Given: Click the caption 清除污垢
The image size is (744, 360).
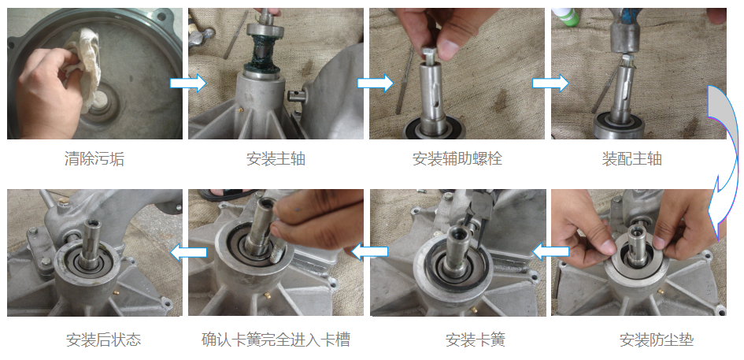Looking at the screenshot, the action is tap(94, 158).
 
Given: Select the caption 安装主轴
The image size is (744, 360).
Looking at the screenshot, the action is tap(276, 158).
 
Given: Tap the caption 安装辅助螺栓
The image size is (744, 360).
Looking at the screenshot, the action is tap(457, 158).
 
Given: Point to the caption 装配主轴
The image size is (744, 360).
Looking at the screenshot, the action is tap(631, 158).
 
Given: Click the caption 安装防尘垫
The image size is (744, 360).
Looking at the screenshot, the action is tap(657, 340).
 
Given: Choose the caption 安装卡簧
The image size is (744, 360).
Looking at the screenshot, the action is tap(475, 340).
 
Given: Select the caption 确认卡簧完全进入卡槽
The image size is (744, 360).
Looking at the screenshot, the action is tap(276, 340).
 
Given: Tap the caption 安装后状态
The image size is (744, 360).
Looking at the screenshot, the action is tap(103, 340).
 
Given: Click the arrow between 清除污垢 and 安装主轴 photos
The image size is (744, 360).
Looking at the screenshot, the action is tap(188, 84).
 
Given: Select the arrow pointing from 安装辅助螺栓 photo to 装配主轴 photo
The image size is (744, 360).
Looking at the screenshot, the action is tap(550, 84).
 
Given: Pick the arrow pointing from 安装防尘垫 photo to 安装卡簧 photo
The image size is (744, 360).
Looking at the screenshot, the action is tap(551, 252).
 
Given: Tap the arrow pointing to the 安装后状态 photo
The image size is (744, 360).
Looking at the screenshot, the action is tap(188, 253).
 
